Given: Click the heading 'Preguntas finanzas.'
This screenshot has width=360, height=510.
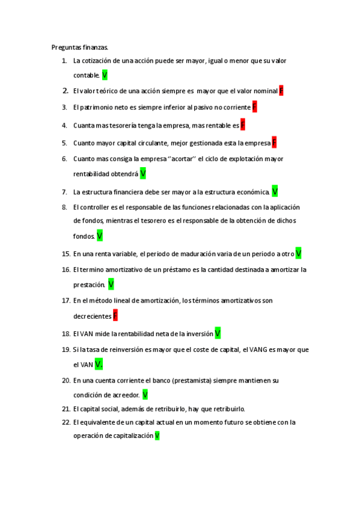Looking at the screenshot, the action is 80,47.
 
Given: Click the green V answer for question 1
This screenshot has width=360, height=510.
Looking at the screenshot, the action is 105,75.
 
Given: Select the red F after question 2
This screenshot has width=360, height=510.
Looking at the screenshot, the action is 281,91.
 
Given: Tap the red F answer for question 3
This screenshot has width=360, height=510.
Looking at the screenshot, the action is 254,107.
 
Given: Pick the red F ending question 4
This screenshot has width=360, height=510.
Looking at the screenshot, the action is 243,125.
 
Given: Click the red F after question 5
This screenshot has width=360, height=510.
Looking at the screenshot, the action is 274,143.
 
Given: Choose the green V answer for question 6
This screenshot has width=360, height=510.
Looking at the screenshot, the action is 143,174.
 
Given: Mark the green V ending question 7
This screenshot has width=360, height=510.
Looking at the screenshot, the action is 275,191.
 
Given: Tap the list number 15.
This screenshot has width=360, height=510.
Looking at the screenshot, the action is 66,254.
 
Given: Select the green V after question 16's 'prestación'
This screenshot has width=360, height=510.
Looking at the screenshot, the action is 111,284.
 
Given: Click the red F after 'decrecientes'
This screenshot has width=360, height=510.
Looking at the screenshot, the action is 115,316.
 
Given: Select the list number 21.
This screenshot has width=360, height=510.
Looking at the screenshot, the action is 66,409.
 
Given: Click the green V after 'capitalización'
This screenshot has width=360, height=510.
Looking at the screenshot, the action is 157,435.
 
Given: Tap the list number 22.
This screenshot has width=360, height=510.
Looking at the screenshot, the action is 66,422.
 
